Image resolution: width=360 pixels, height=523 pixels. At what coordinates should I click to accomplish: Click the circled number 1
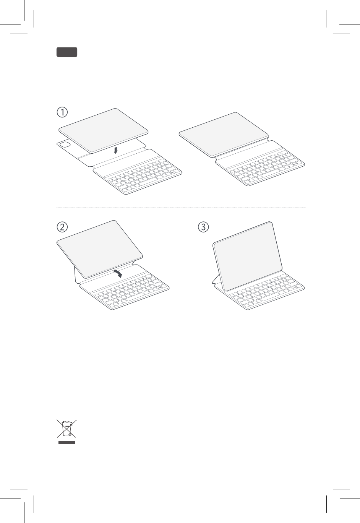point(62,112)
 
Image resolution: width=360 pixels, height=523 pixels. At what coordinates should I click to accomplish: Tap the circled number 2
point(62,227)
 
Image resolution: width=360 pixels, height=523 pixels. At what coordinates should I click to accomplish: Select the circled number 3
point(203,227)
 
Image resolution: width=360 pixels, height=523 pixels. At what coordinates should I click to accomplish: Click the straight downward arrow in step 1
point(115,150)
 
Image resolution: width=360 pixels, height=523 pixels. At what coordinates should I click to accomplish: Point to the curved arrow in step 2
point(118,273)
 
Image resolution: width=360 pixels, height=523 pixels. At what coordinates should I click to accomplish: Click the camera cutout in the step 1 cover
point(65,145)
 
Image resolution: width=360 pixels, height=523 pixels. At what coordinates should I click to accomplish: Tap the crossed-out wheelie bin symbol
point(67,429)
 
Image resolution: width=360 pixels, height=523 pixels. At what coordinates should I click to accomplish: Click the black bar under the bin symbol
point(67,442)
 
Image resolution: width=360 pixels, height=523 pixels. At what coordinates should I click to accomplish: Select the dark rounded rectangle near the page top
point(67,52)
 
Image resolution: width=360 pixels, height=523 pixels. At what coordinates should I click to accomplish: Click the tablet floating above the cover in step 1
point(104,131)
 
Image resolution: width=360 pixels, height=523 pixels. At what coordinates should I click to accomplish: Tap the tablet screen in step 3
point(248,256)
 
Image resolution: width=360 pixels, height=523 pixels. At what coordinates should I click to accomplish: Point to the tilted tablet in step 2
point(100,249)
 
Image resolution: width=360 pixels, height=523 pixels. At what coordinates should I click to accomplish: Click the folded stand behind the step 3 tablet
point(216,279)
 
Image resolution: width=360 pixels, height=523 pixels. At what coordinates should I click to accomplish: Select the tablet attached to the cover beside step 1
point(224,135)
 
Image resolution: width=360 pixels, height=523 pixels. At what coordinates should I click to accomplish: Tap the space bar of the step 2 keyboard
point(141,296)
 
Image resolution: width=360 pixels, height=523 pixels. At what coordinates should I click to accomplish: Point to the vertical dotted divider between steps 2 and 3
point(181,260)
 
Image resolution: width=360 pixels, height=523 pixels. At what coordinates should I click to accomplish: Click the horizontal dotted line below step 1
point(181,207)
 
